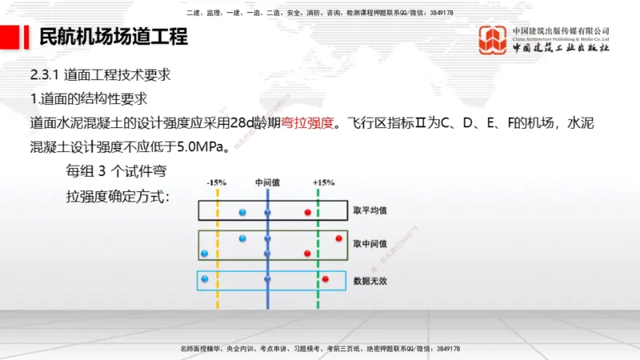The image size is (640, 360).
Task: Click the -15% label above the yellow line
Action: coord(216,182)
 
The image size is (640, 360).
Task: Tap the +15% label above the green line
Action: coord(324,182)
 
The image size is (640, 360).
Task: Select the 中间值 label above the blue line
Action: coord(267,182)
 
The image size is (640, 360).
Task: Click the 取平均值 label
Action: coord(370,211)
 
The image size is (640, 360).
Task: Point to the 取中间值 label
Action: coord(370,243)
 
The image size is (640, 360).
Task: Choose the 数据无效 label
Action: coord(370,282)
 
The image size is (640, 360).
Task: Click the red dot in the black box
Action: coord(307,212)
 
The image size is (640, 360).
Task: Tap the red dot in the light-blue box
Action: coord(326,278)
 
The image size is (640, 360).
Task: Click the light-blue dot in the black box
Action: coord(242,212)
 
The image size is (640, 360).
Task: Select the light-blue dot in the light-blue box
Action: coord(205,278)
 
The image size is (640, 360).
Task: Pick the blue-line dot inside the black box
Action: coord(268,212)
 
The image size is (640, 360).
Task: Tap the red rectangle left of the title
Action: coord(10,37)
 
